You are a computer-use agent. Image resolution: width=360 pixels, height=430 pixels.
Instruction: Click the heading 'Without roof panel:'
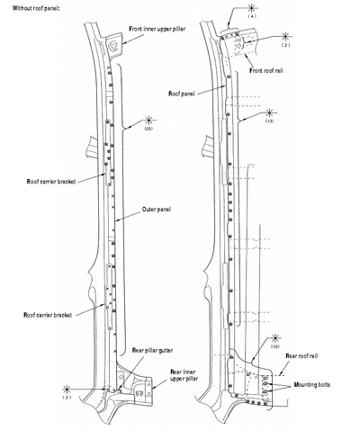pyautogui.click(x=36, y=8)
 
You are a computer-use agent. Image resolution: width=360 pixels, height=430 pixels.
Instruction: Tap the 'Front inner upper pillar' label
pyautogui.click(x=157, y=29)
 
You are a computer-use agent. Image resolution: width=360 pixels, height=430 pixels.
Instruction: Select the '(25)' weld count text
pyautogui.click(x=148, y=129)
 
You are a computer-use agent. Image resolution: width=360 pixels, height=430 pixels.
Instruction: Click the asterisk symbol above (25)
pyautogui.click(x=148, y=121)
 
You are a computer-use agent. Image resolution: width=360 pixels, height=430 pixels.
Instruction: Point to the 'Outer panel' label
pyautogui.click(x=157, y=210)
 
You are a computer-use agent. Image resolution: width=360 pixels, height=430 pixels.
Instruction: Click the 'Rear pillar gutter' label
pyautogui.click(x=152, y=350)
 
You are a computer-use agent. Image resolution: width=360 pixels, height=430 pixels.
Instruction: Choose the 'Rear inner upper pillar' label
pyautogui.click(x=184, y=375)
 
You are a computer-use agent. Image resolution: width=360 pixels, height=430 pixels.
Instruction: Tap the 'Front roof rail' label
pyautogui.click(x=266, y=71)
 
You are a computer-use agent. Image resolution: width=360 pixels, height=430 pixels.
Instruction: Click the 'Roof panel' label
pyautogui.click(x=182, y=94)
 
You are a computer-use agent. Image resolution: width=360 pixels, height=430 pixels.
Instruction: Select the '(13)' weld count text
pyautogui.click(x=269, y=121)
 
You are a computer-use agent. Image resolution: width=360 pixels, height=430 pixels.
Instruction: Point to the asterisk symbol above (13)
pyautogui.click(x=269, y=113)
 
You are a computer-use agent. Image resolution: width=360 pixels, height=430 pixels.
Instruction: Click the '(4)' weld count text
pyautogui.click(x=252, y=16)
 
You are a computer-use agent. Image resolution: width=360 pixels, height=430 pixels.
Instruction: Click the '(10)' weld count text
pyautogui.click(x=275, y=346)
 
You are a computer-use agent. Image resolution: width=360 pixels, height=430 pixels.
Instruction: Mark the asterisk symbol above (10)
pyautogui.click(x=275, y=338)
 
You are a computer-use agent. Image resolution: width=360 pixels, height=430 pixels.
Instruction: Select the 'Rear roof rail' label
pyautogui.click(x=301, y=356)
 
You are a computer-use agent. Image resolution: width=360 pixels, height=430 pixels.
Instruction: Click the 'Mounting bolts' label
pyautogui.click(x=312, y=385)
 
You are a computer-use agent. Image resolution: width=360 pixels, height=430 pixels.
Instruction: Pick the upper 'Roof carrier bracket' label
pyautogui.click(x=51, y=182)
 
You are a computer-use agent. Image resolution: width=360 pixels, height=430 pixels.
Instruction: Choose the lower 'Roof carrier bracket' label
pyautogui.click(x=48, y=315)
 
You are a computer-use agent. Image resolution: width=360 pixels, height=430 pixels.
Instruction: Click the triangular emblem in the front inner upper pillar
pyautogui.click(x=113, y=46)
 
